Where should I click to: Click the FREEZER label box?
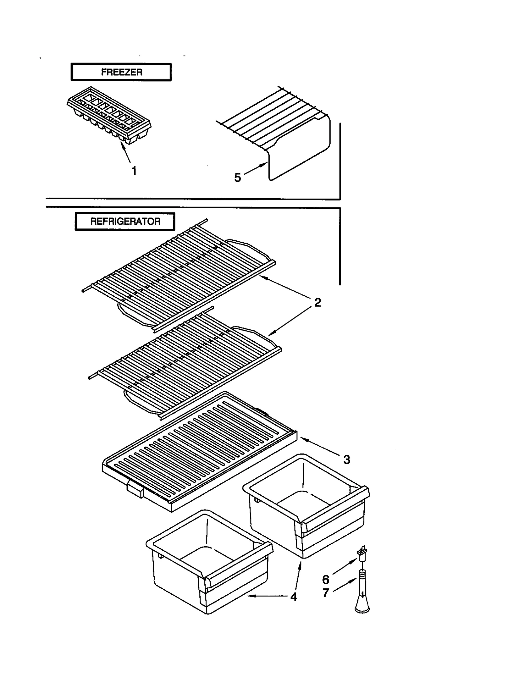point(121,72)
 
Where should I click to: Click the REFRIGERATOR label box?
point(125,221)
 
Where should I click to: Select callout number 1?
point(134,171)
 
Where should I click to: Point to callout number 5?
point(238,178)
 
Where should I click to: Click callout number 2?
point(317,302)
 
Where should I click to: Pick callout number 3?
point(346,460)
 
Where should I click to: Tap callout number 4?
point(293,597)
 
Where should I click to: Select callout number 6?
point(326,579)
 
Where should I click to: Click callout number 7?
point(326,593)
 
